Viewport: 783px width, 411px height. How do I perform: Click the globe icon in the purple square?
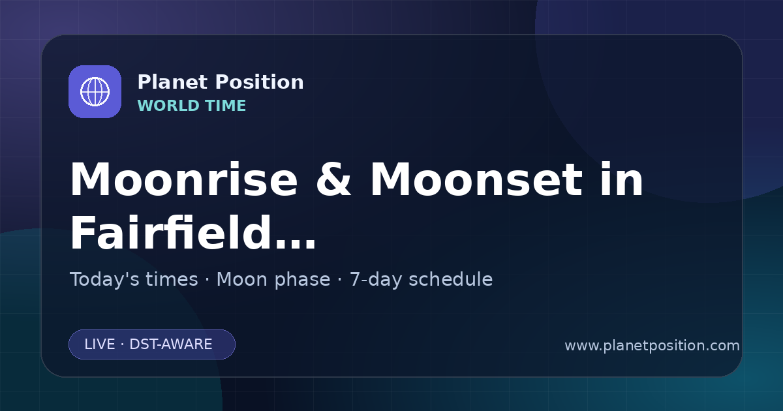click(95, 91)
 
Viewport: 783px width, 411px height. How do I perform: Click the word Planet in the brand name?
click(173, 82)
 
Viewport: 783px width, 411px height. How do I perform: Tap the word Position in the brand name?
click(260, 82)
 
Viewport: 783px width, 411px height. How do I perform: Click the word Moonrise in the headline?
click(184, 179)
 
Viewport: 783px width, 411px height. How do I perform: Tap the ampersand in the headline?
click(333, 179)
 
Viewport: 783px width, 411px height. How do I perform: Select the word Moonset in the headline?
click(476, 179)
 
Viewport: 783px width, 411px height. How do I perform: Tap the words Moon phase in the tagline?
click(273, 280)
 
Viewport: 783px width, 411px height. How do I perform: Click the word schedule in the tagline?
click(451, 279)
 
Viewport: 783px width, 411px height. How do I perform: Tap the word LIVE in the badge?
click(100, 344)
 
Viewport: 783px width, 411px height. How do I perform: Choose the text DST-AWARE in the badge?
click(171, 344)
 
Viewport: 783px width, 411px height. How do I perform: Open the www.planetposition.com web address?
click(652, 346)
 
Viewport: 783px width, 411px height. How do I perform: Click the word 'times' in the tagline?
click(172, 279)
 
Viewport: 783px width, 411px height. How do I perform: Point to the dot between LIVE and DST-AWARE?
click(122, 344)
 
